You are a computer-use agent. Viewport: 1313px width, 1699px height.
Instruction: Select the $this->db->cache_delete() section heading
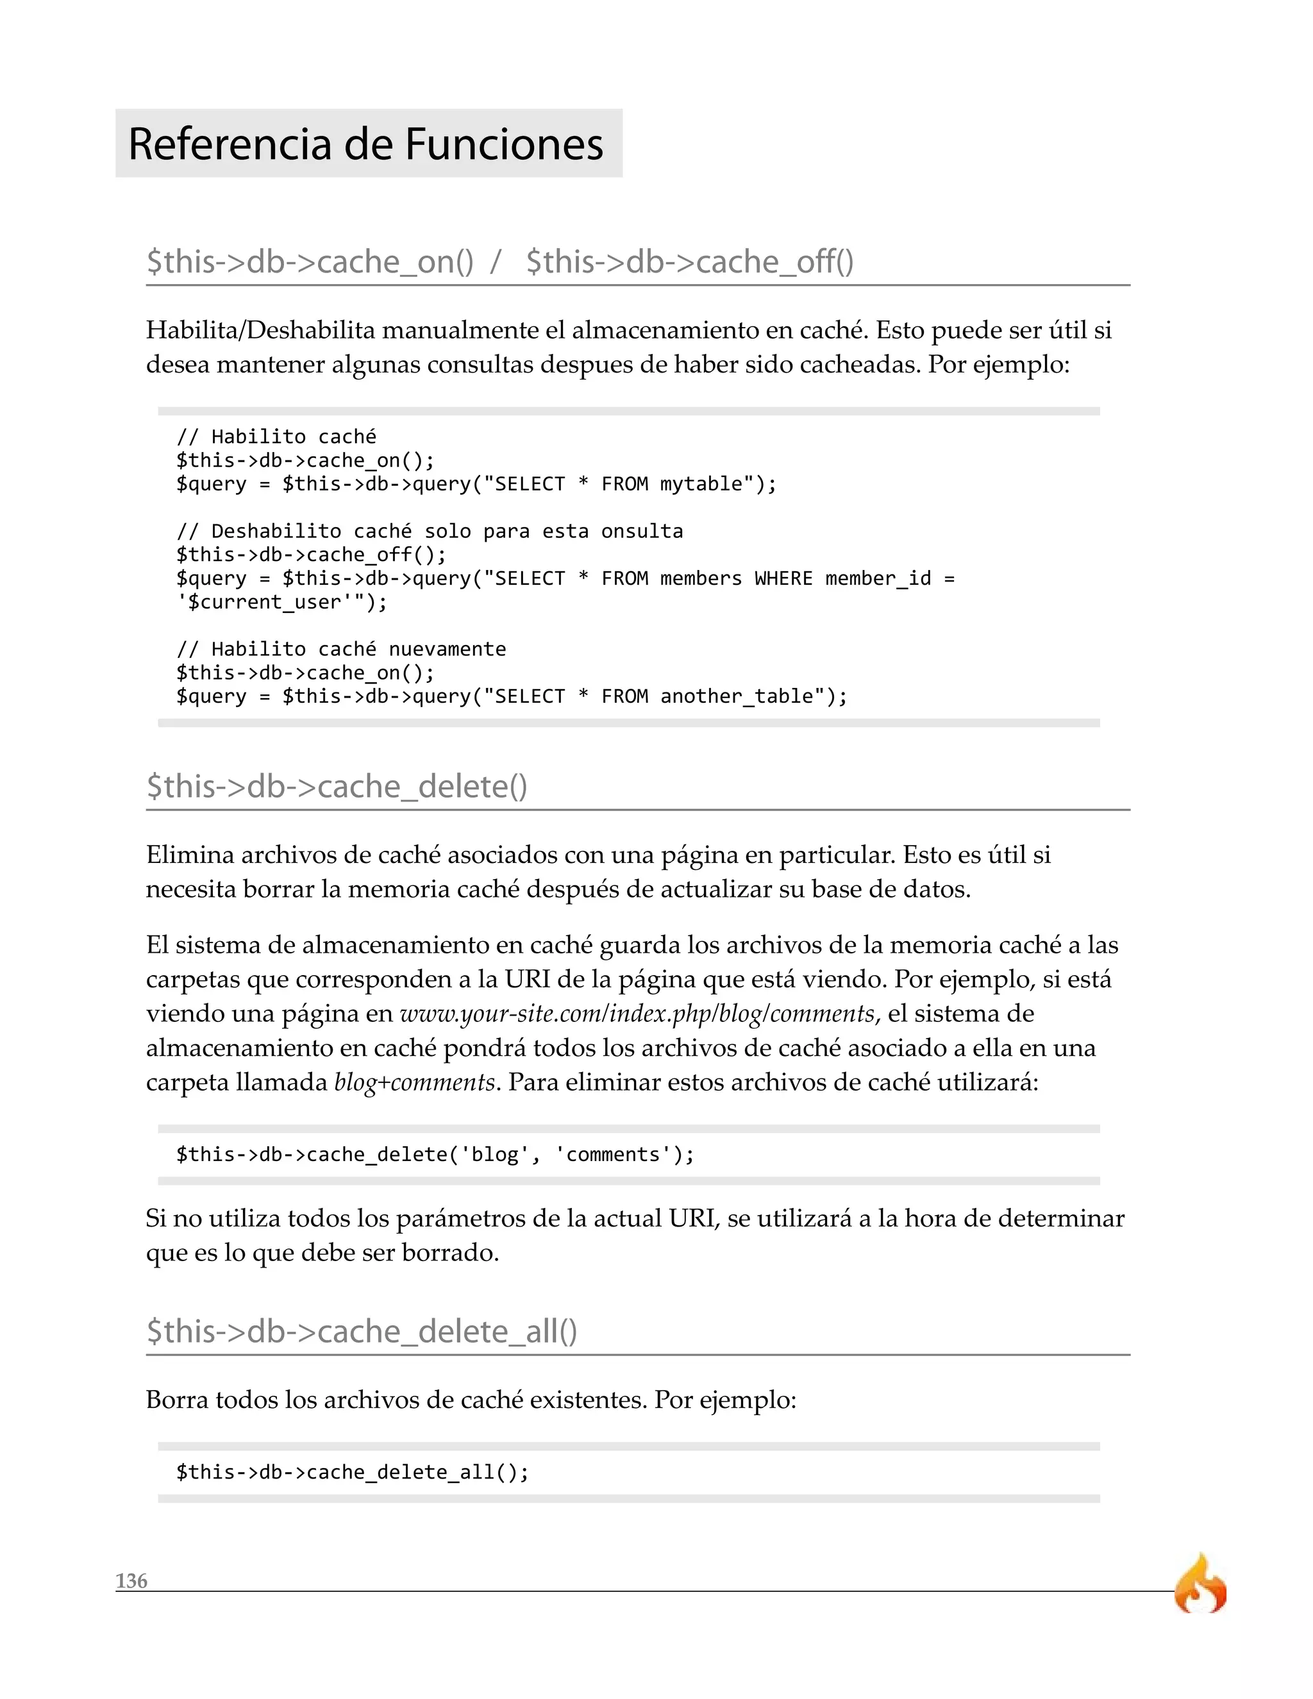tap(337, 787)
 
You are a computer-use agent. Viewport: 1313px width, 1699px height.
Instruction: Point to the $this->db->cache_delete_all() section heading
tap(362, 1331)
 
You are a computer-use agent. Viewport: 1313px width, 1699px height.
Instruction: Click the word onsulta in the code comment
tap(642, 531)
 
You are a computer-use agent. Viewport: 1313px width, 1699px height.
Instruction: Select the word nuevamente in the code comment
tap(447, 649)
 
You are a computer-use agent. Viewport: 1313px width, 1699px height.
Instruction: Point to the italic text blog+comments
tap(415, 1082)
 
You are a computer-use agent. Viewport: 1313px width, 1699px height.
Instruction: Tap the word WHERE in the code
tap(783, 579)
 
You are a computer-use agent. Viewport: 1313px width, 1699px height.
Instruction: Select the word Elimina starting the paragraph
tap(190, 855)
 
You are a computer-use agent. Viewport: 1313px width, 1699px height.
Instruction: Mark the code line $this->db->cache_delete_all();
tap(353, 1472)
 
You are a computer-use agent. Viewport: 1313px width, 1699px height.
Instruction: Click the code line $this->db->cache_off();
tap(311, 555)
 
